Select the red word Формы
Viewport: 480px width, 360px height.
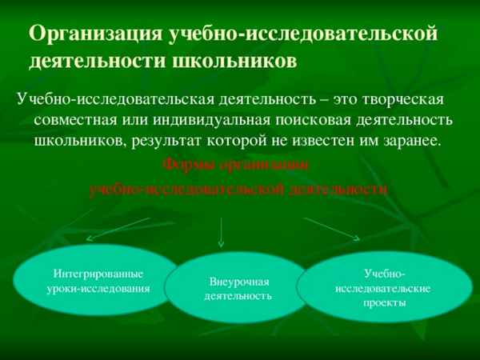pyautogui.click(x=187, y=166)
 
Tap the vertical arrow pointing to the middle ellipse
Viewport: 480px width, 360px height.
pyautogui.click(x=221, y=232)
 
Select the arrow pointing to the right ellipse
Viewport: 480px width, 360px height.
pyautogui.click(x=331, y=227)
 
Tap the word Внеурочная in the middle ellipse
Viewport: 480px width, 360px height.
pyautogui.click(x=239, y=282)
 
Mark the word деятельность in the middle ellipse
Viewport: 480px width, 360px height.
pyautogui.click(x=238, y=296)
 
